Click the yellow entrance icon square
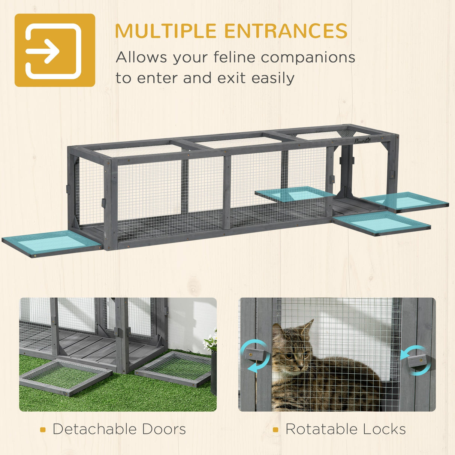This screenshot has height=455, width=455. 55,50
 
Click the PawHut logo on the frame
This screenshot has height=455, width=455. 362,141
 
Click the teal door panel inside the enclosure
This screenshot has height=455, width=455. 295,194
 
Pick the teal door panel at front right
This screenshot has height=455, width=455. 382,223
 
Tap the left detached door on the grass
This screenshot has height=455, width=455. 66,376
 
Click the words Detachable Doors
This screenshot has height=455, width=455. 119,429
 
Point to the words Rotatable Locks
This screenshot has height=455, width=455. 345,429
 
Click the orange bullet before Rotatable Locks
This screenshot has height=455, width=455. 275,430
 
